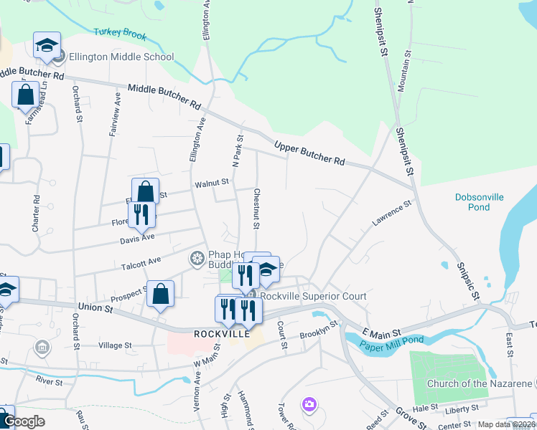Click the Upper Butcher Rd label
pyautogui.click(x=309, y=154)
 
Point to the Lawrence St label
pyautogui.click(x=391, y=214)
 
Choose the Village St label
pyautogui.click(x=116, y=345)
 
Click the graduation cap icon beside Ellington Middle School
pyautogui.click(x=47, y=46)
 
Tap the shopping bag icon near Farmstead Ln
pyautogui.click(x=25, y=94)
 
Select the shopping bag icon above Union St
pyautogui.click(x=161, y=293)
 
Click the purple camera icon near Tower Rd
pyautogui.click(x=309, y=405)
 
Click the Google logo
pyautogui.click(x=24, y=421)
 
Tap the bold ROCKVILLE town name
pyautogui.click(x=221, y=334)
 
